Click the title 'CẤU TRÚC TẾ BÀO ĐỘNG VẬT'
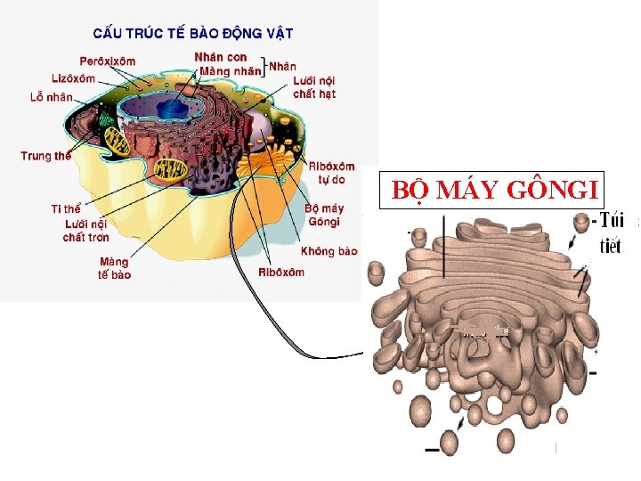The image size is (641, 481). [193, 34]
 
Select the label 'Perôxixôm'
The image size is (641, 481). [108, 61]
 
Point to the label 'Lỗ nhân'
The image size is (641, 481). [51, 96]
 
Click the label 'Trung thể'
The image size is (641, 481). [45, 156]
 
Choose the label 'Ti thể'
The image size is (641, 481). [66, 208]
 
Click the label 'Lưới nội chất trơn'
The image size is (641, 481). [85, 230]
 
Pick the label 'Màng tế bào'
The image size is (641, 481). [114, 268]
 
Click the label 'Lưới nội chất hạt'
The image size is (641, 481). [314, 86]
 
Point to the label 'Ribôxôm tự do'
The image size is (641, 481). [331, 173]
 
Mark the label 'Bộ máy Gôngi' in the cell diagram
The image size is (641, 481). [323, 215]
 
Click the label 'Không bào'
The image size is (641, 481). [329, 251]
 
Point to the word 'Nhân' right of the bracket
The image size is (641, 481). [282, 66]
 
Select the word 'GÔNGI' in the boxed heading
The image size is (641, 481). [552, 190]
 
